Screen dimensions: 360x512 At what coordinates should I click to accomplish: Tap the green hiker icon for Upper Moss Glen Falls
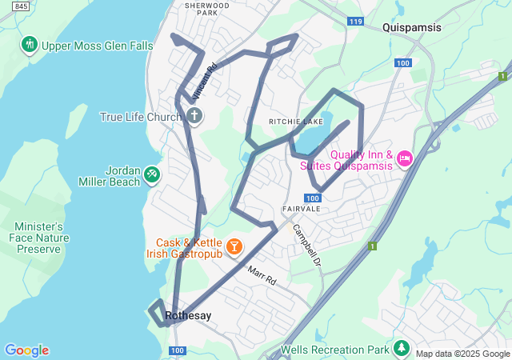pos(30,43)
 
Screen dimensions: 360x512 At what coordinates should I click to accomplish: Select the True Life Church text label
pos(141,117)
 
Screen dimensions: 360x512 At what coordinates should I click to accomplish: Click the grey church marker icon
pos(194,116)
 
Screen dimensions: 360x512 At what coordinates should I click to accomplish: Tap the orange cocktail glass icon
pos(234,246)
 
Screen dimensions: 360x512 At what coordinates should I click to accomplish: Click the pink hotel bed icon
pos(405,158)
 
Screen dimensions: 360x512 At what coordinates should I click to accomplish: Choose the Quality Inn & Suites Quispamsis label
pos(346,160)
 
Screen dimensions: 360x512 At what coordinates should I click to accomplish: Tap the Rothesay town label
pos(188,316)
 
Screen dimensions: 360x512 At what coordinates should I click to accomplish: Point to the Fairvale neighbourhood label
pos(301,209)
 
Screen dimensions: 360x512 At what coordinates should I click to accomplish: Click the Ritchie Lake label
pos(296,122)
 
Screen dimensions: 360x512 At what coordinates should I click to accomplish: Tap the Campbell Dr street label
pos(306,243)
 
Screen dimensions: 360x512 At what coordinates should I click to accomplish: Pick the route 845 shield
pos(22,6)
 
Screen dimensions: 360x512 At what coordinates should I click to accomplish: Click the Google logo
pos(26,350)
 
